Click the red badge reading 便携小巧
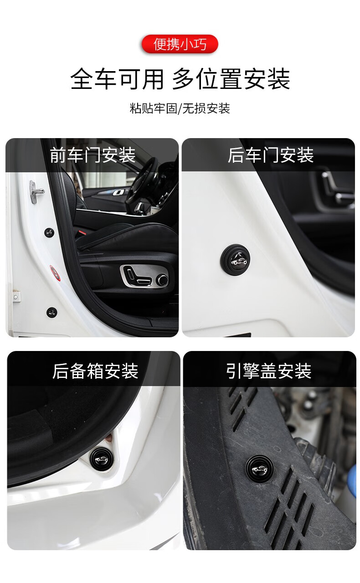point(180,44)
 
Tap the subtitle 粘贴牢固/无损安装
point(180,108)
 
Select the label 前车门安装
point(93,155)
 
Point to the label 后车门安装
point(270,155)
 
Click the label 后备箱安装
point(95,371)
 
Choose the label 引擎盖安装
point(269,371)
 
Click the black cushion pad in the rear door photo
point(235,258)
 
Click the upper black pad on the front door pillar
point(49,232)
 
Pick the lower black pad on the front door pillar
point(52,313)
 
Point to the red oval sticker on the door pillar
point(54,272)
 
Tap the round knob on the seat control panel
point(161,280)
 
